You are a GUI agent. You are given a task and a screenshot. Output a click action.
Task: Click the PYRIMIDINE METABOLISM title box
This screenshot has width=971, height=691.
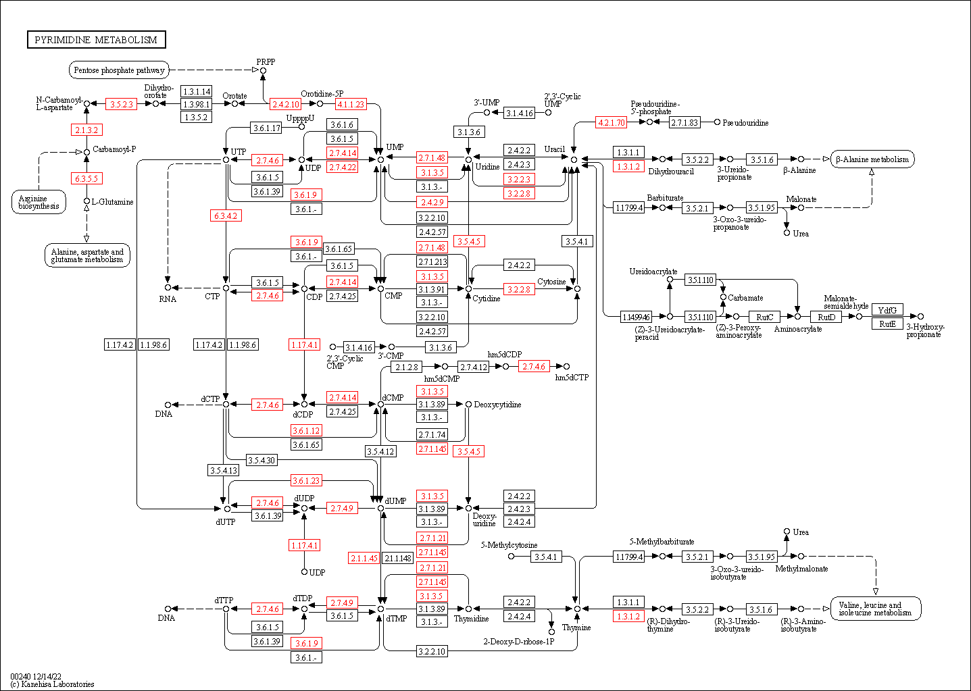click(96, 40)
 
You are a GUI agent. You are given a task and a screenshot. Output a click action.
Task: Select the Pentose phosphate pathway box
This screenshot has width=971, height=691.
click(119, 70)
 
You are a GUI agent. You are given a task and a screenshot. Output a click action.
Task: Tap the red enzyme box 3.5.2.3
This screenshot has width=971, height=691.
click(122, 104)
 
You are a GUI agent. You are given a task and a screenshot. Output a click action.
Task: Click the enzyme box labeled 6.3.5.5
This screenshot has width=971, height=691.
click(86, 179)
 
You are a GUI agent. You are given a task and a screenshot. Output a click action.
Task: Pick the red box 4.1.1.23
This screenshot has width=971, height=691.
click(351, 104)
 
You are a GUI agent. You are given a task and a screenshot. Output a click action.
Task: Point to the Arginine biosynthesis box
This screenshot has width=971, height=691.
click(39, 202)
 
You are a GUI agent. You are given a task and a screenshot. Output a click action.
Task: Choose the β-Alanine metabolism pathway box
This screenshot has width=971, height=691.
click(872, 159)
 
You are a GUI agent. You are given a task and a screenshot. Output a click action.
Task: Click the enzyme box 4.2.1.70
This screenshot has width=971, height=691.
click(611, 122)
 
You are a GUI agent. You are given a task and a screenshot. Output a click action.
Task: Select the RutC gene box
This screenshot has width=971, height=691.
click(764, 317)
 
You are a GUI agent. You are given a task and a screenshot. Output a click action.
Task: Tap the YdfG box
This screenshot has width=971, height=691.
click(887, 310)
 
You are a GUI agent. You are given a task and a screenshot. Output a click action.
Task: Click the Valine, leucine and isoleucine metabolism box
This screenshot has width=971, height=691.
click(875, 609)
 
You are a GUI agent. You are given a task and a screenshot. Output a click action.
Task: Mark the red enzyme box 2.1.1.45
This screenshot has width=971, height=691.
click(364, 558)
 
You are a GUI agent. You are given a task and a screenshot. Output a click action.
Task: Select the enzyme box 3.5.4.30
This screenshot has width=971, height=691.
click(261, 460)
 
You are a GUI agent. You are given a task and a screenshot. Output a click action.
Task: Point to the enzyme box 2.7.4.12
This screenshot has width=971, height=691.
click(473, 367)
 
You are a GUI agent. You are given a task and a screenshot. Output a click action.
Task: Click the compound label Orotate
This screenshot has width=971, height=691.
click(234, 96)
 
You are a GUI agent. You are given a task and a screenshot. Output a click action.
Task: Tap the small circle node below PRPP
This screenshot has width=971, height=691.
click(264, 70)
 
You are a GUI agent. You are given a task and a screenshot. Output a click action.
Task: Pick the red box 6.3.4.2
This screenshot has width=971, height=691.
click(226, 216)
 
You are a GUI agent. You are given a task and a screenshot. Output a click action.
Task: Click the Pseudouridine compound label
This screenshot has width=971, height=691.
click(745, 123)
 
